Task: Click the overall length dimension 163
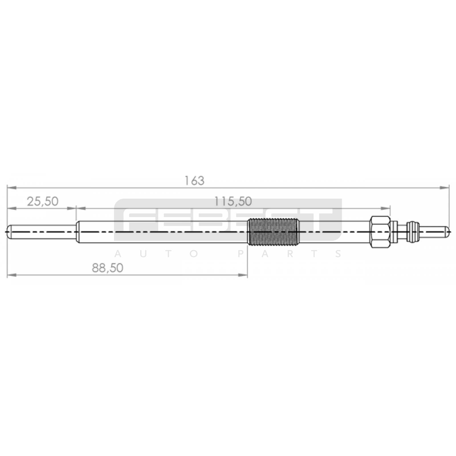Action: click(x=194, y=181)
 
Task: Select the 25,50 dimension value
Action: click(x=42, y=201)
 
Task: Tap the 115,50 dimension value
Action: click(x=233, y=201)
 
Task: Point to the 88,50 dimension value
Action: click(x=107, y=268)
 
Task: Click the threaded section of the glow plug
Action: click(x=273, y=232)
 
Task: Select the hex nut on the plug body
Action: click(x=380, y=232)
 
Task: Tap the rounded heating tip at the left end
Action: click(x=42, y=232)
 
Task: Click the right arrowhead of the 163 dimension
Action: click(x=445, y=188)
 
